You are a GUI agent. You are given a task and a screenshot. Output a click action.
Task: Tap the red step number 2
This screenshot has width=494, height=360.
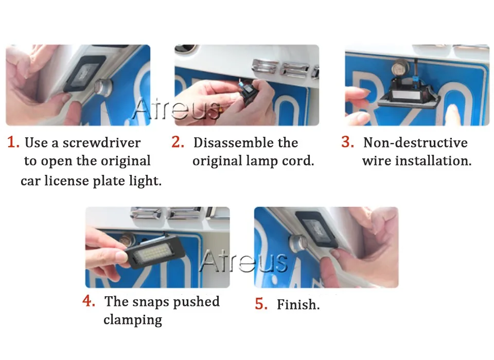click(178, 142)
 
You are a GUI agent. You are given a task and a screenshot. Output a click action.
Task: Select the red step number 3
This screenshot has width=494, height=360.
click(347, 142)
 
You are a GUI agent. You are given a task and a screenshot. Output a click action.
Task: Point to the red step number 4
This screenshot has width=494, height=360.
click(89, 300)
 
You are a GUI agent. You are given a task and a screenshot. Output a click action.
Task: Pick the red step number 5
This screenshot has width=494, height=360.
click(261, 304)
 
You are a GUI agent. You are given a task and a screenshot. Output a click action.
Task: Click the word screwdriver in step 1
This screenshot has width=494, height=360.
click(101, 142)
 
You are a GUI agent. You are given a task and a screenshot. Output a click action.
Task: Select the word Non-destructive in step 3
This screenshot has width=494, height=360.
click(416, 142)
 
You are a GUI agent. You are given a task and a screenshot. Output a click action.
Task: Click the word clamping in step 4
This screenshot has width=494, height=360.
click(133, 320)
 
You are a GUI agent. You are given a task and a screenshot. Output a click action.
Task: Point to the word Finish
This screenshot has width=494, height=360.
click(298, 304)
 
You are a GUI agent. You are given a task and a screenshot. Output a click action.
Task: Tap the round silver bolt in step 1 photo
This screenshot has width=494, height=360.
click(103, 86)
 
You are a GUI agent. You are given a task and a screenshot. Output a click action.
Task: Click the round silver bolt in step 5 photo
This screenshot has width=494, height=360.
click(298, 242)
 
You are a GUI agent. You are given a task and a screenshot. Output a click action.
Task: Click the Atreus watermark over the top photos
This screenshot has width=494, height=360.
click(177, 109)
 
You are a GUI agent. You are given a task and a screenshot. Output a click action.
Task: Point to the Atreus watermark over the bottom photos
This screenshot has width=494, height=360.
click(244, 261)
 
